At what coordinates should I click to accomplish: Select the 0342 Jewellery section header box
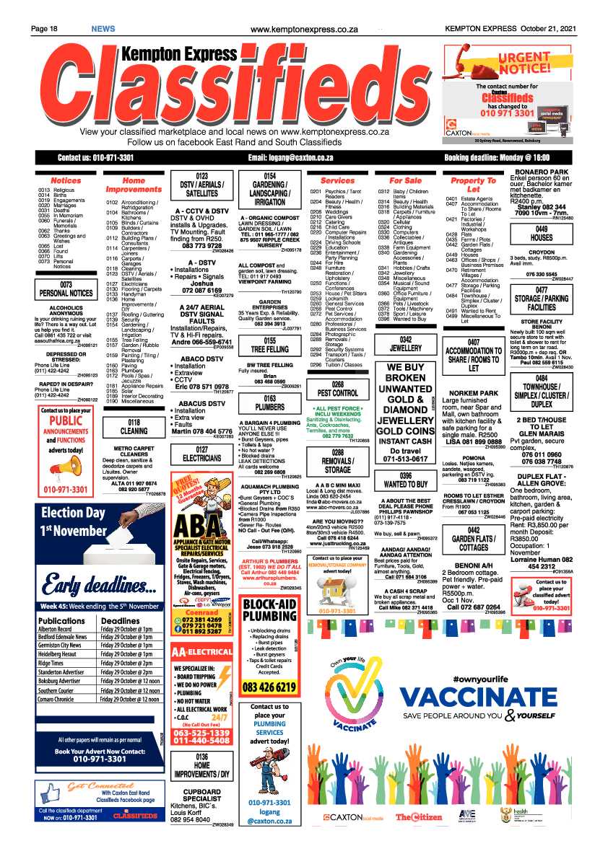(x=405, y=343)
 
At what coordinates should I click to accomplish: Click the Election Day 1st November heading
(x=72, y=523)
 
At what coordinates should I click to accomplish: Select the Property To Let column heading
(x=473, y=185)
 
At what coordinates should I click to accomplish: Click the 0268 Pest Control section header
(x=337, y=389)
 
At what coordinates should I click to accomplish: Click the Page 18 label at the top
(x=44, y=28)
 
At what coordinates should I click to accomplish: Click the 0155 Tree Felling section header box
(x=269, y=345)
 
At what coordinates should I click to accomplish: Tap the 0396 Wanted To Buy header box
(x=405, y=480)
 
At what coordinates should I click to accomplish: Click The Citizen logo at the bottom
(x=418, y=817)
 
